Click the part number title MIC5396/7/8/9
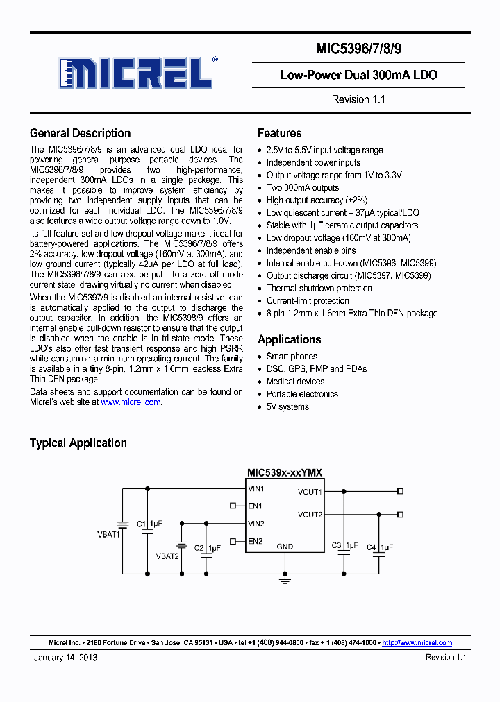click(x=358, y=50)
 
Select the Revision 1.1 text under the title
click(x=358, y=99)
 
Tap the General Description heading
click(x=80, y=133)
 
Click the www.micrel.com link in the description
click(x=131, y=402)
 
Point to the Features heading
click(x=279, y=133)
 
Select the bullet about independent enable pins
click(x=311, y=250)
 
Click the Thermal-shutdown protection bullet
click(x=319, y=288)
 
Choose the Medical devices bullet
click(x=295, y=382)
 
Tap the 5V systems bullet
click(x=287, y=406)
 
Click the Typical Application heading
click(x=78, y=443)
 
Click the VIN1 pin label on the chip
click(x=256, y=489)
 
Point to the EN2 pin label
click(x=255, y=541)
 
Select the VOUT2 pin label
click(x=310, y=515)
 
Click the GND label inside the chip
click(x=285, y=547)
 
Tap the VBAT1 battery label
click(x=108, y=535)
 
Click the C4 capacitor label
click(x=371, y=547)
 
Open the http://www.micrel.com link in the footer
click(x=417, y=643)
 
